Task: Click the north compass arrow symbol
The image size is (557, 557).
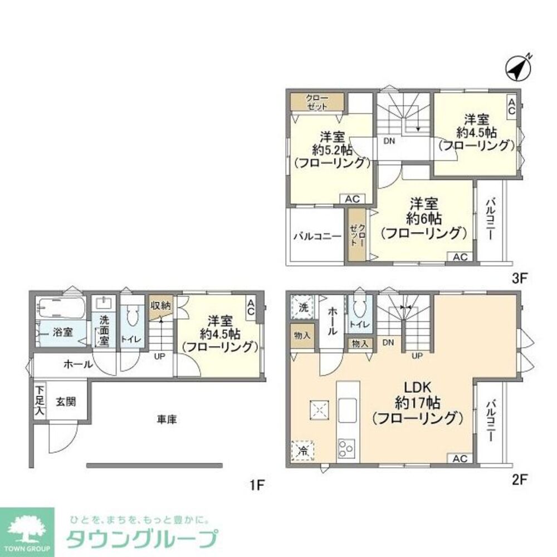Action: click(x=518, y=69)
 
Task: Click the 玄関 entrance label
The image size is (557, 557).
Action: click(x=66, y=400)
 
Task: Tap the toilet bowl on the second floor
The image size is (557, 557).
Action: click(x=358, y=307)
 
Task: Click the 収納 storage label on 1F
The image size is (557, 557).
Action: click(x=160, y=306)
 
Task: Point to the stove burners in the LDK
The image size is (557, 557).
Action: click(x=346, y=447)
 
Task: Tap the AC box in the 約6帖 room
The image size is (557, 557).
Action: click(x=460, y=257)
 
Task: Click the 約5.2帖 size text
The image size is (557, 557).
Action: click(x=332, y=149)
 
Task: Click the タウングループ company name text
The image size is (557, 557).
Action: click(x=141, y=539)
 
